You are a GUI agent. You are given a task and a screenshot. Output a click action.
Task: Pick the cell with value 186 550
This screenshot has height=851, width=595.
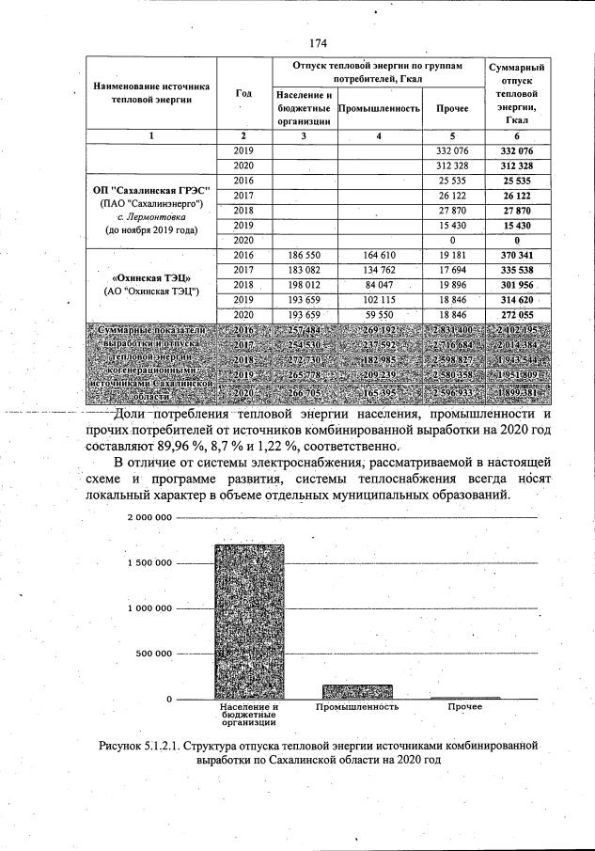tap(302, 255)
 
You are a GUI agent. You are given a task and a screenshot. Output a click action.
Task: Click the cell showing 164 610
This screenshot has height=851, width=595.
tap(378, 255)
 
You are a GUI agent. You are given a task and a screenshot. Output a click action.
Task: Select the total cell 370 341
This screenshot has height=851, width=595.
tap(516, 255)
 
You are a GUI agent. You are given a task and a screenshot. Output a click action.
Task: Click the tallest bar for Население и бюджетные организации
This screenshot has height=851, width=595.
tap(249, 621)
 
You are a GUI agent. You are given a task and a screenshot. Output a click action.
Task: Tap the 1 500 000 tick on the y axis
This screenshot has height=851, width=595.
tap(146, 563)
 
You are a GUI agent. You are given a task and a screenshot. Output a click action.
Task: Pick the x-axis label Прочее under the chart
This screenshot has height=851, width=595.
tap(464, 706)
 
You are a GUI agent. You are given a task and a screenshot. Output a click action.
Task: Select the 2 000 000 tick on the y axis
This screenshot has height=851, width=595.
tap(146, 518)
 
